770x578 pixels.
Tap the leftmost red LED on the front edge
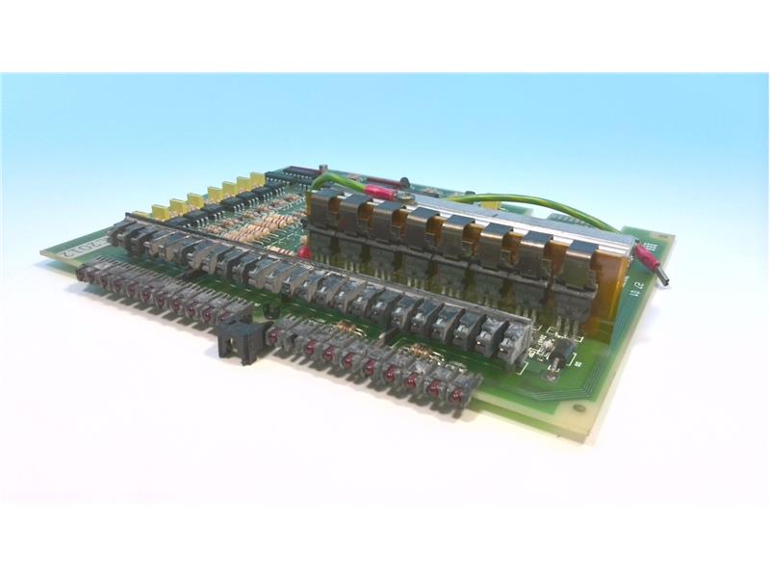click(86, 276)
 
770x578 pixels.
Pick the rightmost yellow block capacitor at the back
click(257, 180)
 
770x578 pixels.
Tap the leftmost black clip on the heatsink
click(324, 203)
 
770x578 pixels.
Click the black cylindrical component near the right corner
click(556, 358)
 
